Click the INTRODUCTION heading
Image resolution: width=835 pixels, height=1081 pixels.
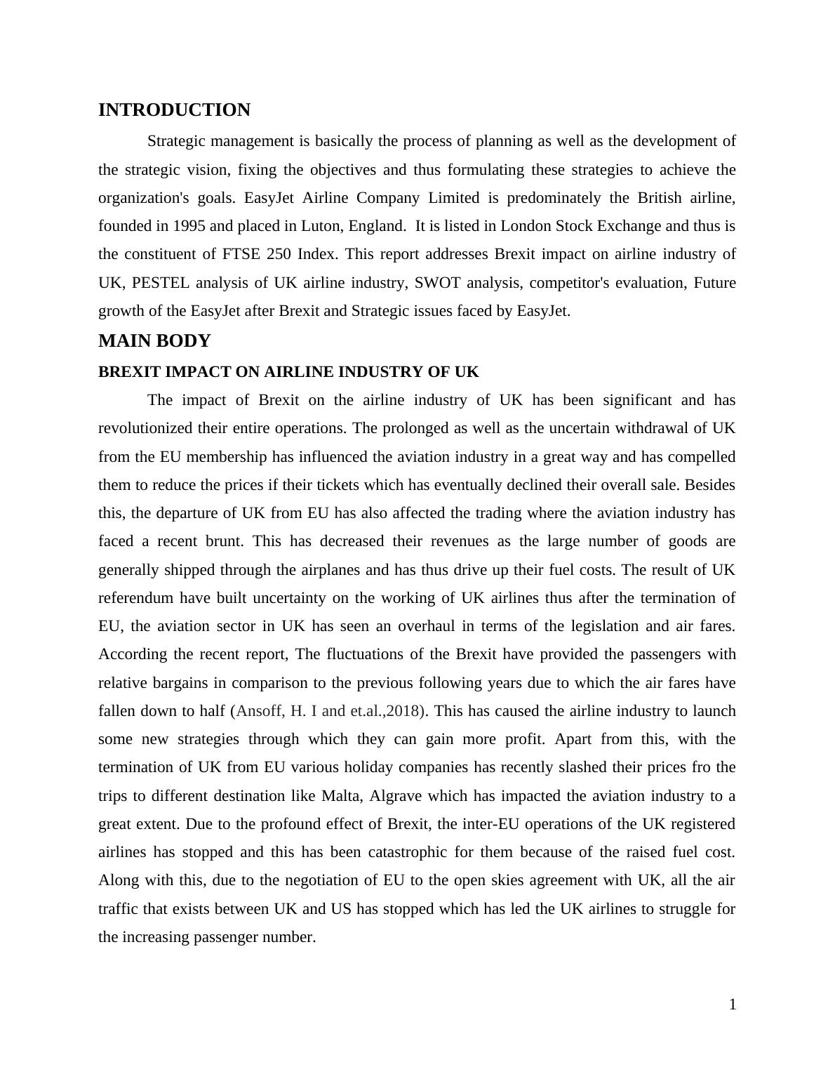(x=174, y=110)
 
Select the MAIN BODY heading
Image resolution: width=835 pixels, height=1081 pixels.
(x=154, y=341)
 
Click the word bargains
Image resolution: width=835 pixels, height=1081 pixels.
(x=191, y=683)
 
